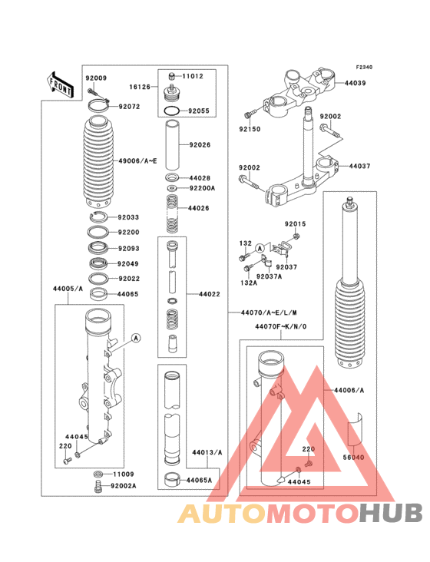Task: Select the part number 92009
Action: [x=96, y=78]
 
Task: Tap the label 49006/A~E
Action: [x=137, y=160]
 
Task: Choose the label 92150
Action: [x=250, y=129]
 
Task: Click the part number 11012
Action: [x=193, y=77]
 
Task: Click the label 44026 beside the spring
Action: [x=200, y=208]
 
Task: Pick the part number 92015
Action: [x=296, y=224]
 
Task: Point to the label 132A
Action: [x=247, y=283]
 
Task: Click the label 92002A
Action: [x=124, y=486]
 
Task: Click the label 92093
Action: [x=128, y=248]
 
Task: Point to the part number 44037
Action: [x=361, y=166]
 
